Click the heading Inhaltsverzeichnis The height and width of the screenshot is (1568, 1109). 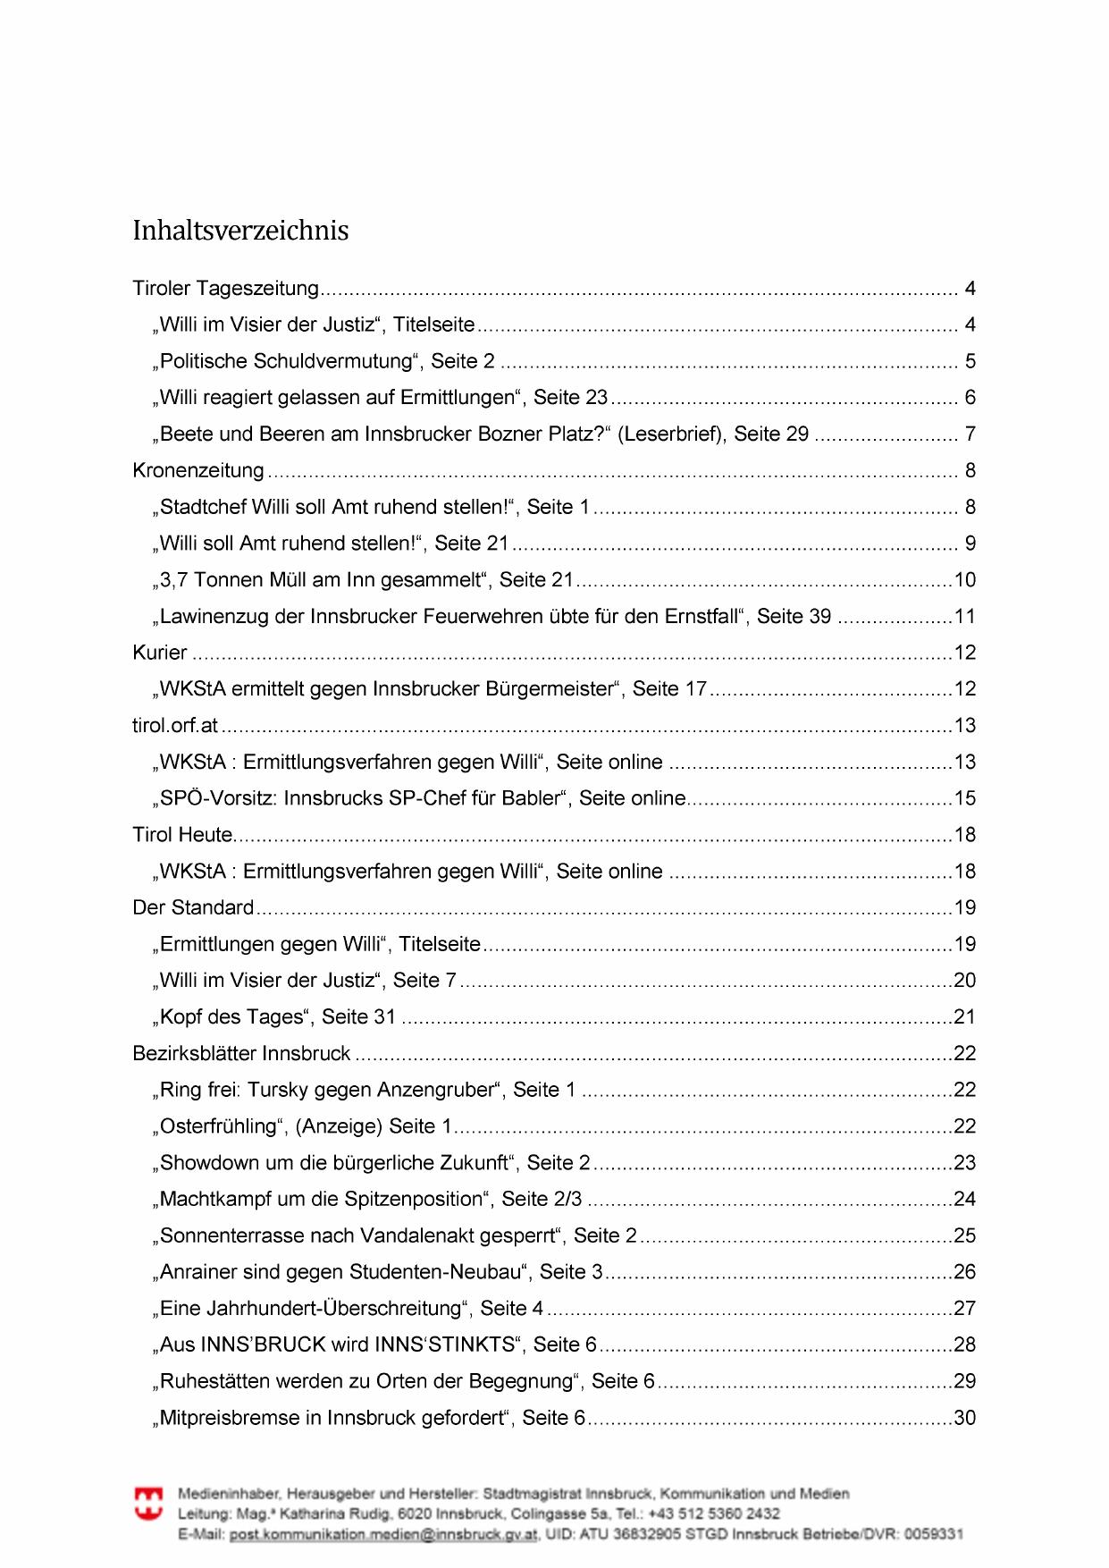tap(240, 231)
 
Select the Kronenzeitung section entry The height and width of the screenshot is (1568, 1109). tap(198, 470)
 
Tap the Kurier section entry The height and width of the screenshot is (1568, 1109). tap(160, 653)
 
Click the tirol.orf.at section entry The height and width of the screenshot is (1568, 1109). tap(175, 725)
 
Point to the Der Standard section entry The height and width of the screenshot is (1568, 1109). tap(193, 907)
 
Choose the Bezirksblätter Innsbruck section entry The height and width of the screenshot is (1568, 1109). tap(241, 1053)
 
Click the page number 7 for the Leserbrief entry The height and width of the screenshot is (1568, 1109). tap(970, 434)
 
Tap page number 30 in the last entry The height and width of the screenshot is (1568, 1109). tap(964, 1418)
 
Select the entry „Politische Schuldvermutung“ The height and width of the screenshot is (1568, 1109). tap(327, 361)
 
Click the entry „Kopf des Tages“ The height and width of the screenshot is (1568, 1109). tap(277, 1016)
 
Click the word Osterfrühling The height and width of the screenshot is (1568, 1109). tap(219, 1126)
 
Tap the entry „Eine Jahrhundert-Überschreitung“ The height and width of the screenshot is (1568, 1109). tap(349, 1309)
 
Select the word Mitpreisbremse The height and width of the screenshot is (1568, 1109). tap(240, 1418)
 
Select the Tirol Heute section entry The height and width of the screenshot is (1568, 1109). tap(182, 835)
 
